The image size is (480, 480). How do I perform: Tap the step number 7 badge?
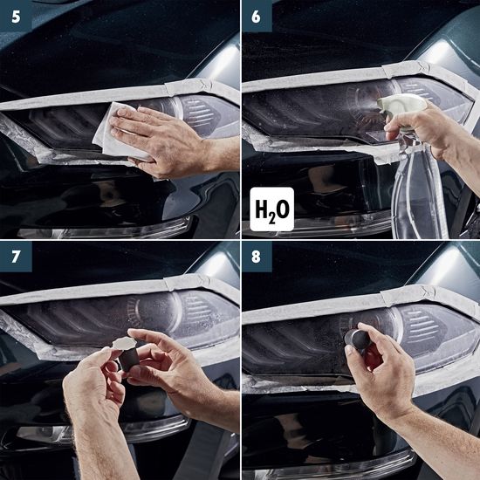[x=14, y=256]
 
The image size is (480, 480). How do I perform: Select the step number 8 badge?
[x=256, y=256]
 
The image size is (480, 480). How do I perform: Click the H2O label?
[x=271, y=209]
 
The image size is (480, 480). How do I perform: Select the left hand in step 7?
[x=96, y=410]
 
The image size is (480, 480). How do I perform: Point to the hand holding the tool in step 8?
[x=384, y=375]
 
